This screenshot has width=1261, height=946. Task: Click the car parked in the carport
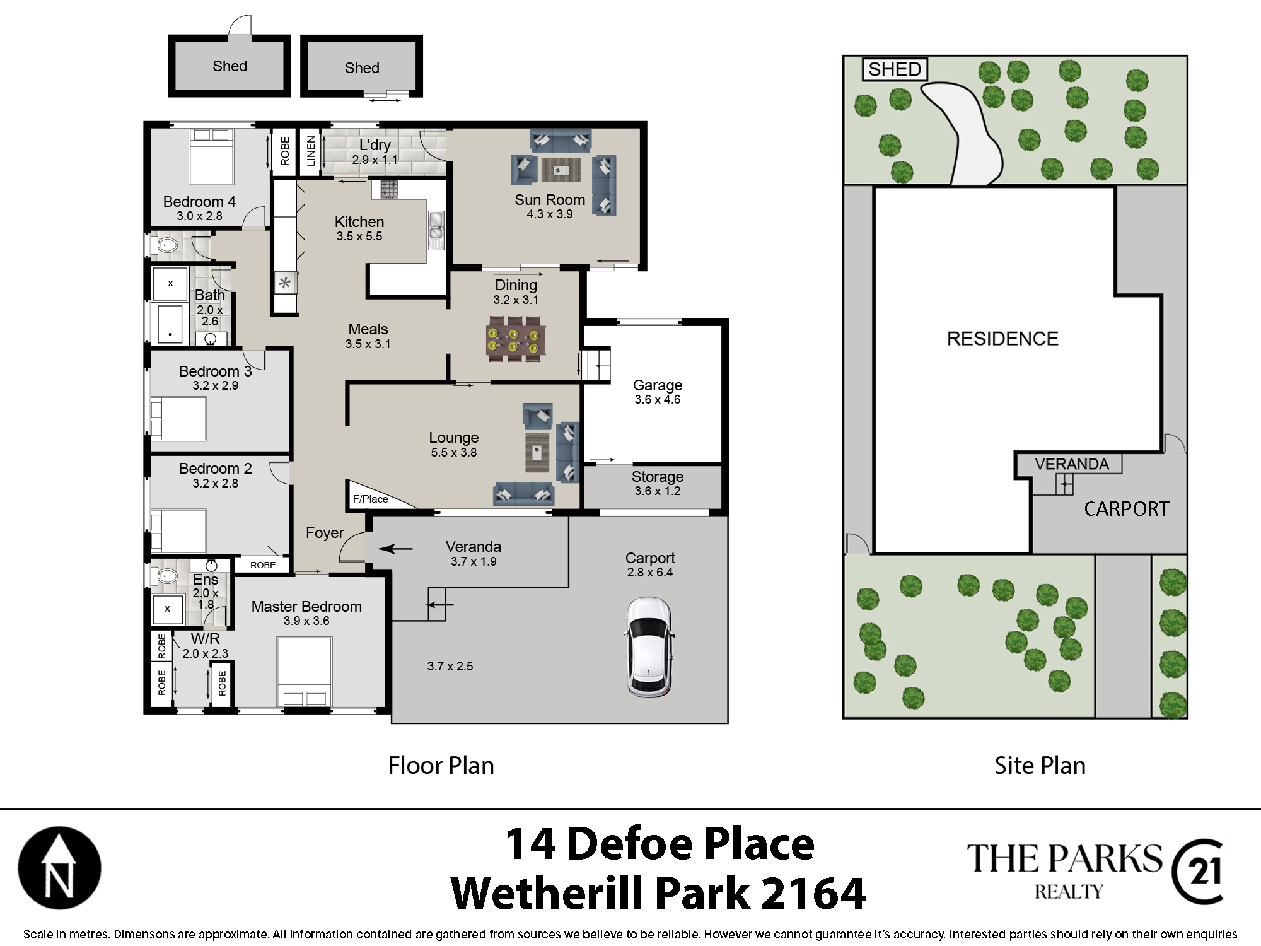(x=649, y=647)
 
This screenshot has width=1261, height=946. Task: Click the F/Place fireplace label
(x=371, y=499)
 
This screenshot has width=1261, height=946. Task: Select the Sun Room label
(x=550, y=200)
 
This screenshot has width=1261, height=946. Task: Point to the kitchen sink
(x=436, y=228)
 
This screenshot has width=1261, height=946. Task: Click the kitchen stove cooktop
(x=389, y=189)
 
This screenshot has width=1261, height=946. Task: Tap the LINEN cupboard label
(x=311, y=151)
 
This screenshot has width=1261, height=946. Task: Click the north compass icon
(x=59, y=868)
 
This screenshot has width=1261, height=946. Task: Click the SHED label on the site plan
(x=895, y=69)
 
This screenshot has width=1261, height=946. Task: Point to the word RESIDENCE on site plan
(x=1002, y=339)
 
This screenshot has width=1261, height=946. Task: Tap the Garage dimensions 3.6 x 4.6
(x=658, y=400)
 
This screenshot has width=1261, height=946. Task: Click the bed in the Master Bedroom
(x=305, y=672)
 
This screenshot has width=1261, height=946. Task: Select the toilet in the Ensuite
(x=165, y=576)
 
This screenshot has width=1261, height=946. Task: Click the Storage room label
(x=658, y=477)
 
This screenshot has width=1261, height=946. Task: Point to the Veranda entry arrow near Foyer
(x=395, y=549)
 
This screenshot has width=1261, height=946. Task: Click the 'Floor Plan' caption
(x=441, y=766)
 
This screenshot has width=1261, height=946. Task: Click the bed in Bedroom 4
(x=212, y=156)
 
